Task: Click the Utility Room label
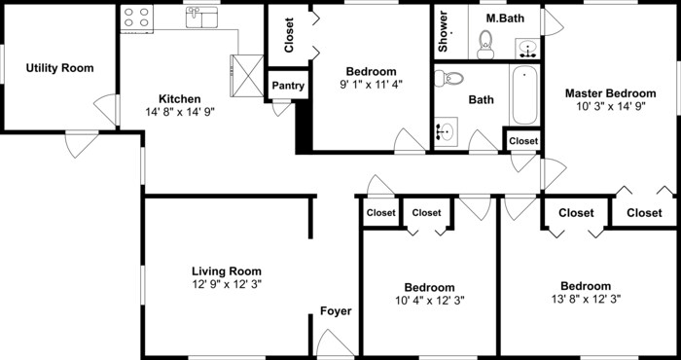click(60, 68)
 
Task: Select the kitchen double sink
click(202, 17)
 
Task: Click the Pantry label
click(288, 86)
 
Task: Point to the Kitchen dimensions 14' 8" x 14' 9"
click(179, 112)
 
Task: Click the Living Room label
click(226, 270)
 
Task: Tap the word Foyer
click(337, 311)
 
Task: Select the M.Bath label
click(502, 18)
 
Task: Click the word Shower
click(443, 32)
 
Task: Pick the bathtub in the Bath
click(524, 96)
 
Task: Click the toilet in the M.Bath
click(485, 42)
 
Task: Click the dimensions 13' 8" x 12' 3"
click(586, 300)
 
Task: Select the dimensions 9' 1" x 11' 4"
click(371, 85)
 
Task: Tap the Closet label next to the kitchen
click(289, 35)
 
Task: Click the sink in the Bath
click(447, 130)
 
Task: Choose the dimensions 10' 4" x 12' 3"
click(429, 301)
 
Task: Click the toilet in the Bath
click(453, 79)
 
